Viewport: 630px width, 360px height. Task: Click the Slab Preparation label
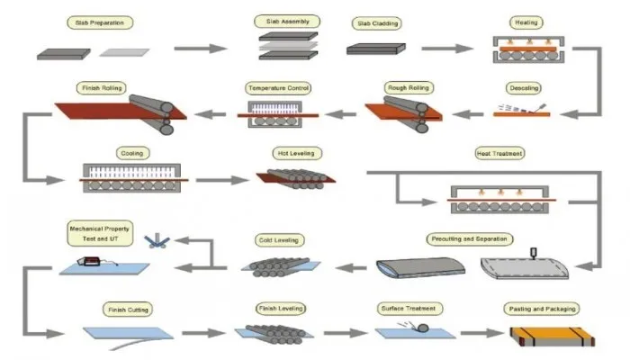[100, 22]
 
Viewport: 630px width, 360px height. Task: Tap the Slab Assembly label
[288, 22]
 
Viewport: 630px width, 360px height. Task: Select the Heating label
[526, 22]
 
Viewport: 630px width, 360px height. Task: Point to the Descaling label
[524, 88]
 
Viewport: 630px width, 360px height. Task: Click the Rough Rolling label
[409, 87]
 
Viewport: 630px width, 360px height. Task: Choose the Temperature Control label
[278, 88]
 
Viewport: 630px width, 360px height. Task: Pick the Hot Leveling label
[296, 153]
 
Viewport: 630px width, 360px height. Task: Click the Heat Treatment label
[499, 153]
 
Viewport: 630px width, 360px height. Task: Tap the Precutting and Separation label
[469, 238]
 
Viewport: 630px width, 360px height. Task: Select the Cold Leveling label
[279, 240]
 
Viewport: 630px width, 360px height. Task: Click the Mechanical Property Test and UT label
[100, 233]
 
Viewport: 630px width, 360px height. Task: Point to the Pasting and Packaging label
[542, 309]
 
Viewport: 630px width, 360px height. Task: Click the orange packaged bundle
[553, 337]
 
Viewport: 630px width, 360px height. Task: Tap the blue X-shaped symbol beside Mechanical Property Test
[157, 240]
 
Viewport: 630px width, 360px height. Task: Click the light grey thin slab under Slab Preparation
[124, 52]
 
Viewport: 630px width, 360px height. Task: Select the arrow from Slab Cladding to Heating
[447, 49]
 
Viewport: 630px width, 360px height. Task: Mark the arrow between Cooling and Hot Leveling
[222, 180]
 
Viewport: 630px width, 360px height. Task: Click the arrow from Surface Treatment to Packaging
[481, 333]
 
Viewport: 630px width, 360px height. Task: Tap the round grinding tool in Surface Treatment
[422, 328]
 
